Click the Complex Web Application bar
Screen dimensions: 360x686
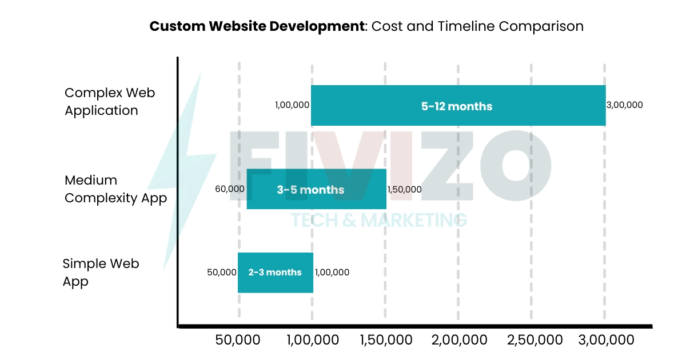372,106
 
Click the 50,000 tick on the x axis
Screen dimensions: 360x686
238,340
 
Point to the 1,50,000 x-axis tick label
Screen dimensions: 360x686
386,340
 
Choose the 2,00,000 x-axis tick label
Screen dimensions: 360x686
460,340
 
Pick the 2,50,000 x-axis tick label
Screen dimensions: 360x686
535,340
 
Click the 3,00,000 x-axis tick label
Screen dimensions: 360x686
606,340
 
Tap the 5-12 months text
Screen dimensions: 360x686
457,106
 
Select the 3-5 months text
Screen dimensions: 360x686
310,190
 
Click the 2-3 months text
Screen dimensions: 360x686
275,273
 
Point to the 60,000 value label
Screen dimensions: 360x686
230,189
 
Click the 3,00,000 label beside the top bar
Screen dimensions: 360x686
624,105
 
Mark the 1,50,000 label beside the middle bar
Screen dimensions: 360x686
404,190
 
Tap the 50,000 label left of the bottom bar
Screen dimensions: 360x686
222,273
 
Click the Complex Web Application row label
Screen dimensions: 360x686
109,102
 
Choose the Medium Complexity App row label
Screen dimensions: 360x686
115,189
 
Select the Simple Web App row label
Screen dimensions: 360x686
101,273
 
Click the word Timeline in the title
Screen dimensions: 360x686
464,26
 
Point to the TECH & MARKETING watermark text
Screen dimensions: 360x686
379,220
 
